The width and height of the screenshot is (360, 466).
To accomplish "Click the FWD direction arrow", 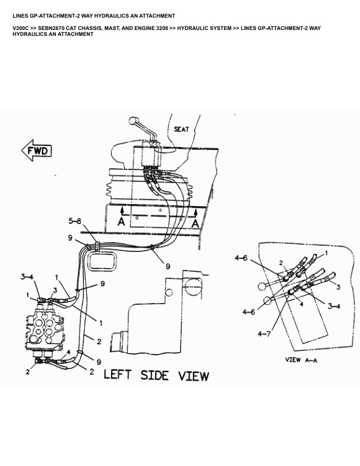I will pyautogui.click(x=37, y=151).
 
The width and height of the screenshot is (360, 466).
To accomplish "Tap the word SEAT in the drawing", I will pyautogui.click(x=181, y=129).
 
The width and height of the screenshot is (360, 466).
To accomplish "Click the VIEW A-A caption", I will pyautogui.click(x=301, y=360).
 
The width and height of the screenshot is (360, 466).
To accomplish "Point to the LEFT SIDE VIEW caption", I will pyautogui.click(x=156, y=374).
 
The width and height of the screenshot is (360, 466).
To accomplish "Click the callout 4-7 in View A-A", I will pyautogui.click(x=264, y=335).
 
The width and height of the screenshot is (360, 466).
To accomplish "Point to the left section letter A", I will pyautogui.click(x=121, y=221).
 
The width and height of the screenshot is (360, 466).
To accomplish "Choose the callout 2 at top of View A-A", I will pyautogui.click(x=281, y=262).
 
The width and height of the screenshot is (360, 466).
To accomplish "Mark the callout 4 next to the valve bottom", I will pyautogui.click(x=68, y=352).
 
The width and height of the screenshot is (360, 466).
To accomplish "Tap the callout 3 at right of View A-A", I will pyautogui.click(x=338, y=287).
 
